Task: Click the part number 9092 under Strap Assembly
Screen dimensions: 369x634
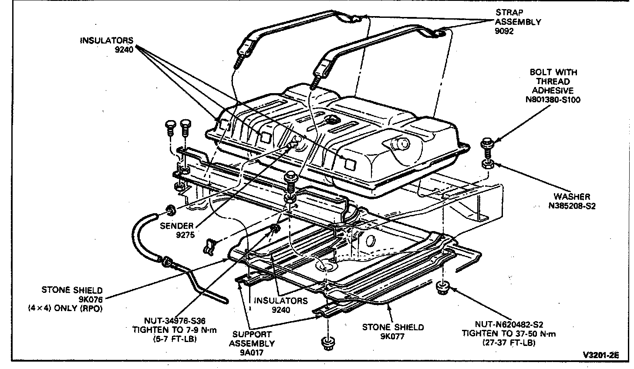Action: click(x=505, y=31)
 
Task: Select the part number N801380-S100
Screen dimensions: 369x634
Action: click(x=553, y=100)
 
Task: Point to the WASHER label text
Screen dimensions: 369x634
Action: click(x=572, y=197)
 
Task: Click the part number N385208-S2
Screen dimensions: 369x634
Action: click(x=572, y=206)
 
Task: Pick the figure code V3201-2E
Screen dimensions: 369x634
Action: click(x=601, y=355)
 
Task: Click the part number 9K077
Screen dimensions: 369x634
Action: click(x=393, y=336)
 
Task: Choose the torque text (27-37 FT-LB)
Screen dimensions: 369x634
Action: click(x=509, y=343)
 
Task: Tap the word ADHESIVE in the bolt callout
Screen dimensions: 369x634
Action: click(x=553, y=91)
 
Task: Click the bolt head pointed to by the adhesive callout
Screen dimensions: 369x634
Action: click(x=487, y=143)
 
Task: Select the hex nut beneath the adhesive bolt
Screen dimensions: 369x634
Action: click(x=487, y=164)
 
